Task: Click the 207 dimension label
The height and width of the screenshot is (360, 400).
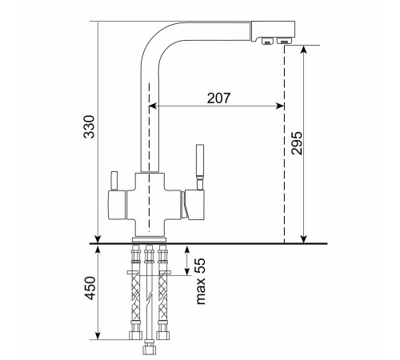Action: coord(218,98)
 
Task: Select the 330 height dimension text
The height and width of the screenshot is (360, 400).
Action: coord(90,126)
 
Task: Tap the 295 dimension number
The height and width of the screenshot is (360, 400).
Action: coord(297,143)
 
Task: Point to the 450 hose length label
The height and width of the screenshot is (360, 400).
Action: coord(90,288)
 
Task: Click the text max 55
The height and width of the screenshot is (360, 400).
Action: coord(201,281)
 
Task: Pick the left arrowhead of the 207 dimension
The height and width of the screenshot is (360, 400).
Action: coord(152,106)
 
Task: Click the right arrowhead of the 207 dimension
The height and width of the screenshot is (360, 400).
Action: coord(281,106)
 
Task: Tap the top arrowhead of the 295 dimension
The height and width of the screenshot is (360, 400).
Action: coord(304,49)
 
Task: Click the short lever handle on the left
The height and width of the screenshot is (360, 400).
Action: coord(114,181)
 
